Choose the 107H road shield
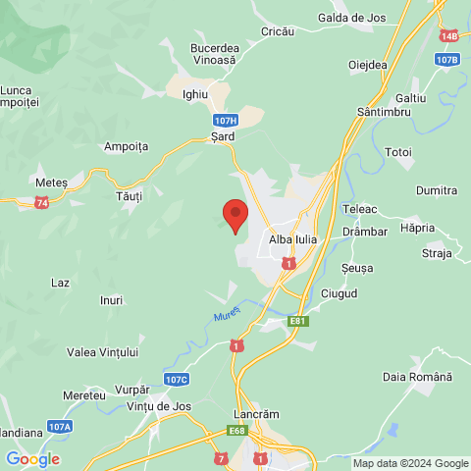pos(225,119)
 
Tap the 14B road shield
pos(449,35)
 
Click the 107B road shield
pos(446,60)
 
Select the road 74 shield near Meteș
pos(41,202)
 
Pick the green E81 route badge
pos(299,320)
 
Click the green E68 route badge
pos(236,430)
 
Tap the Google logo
pos(31,459)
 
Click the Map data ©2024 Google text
pos(411,463)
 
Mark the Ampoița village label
pos(126,146)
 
